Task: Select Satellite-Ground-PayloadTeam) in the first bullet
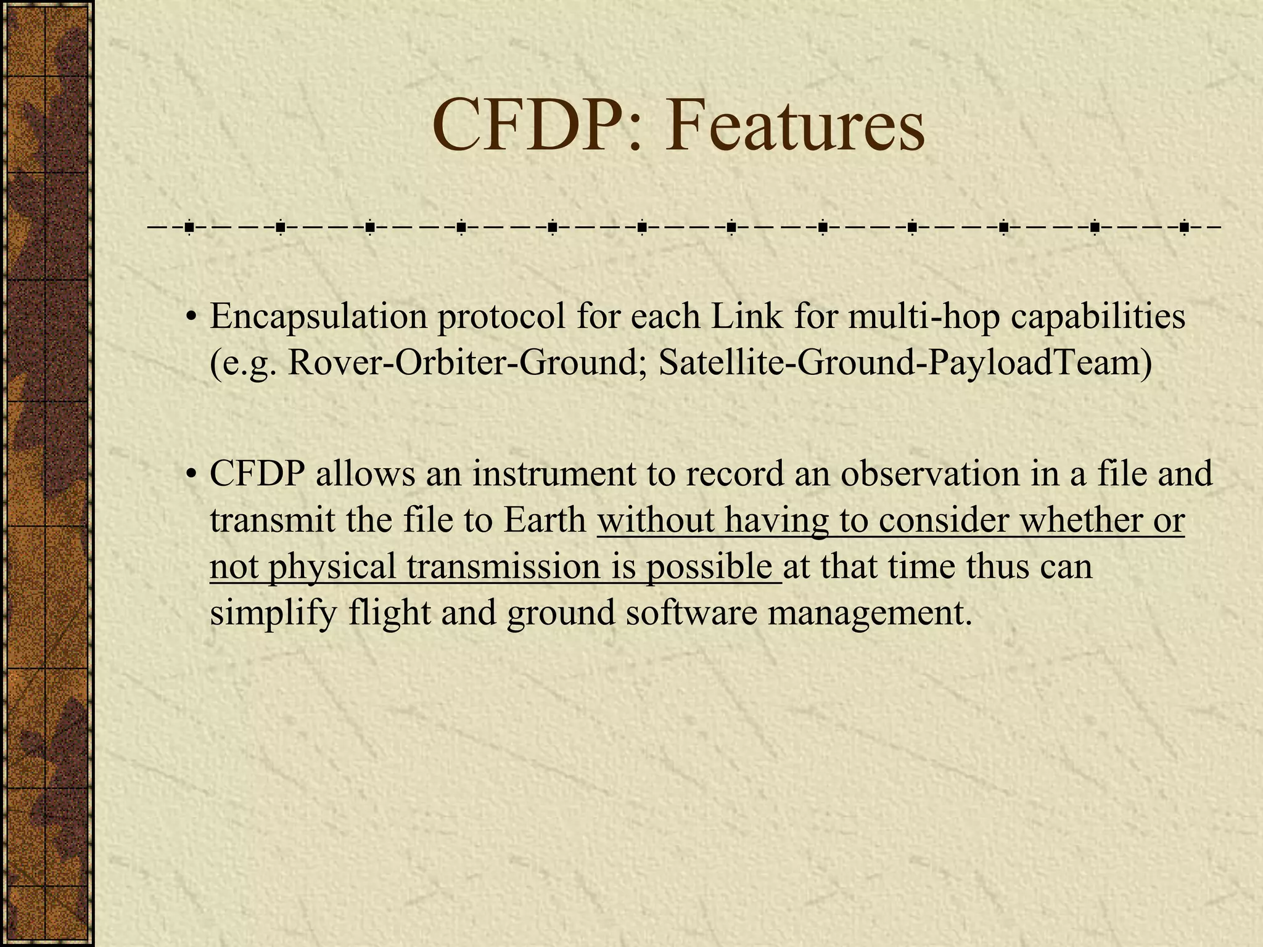tap(905, 363)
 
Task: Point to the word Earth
tap(545, 520)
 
